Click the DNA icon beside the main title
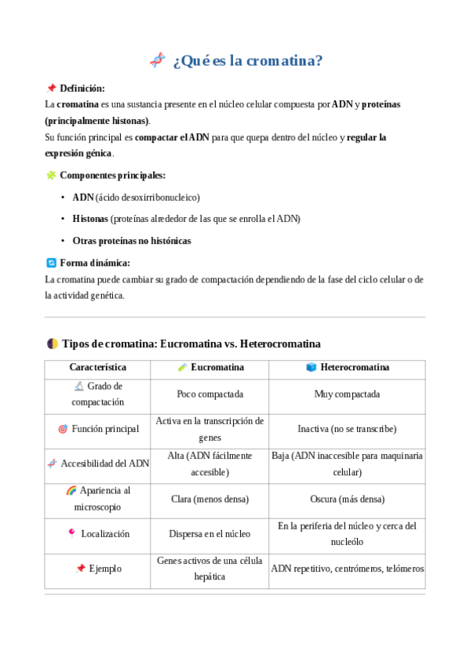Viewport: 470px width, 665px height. (158, 60)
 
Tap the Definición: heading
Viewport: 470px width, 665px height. (82, 89)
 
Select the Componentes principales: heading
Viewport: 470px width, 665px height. (112, 176)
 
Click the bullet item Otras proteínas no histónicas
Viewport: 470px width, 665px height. (131, 241)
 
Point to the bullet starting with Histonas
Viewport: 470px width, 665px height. (186, 219)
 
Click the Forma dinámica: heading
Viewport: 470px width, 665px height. (95, 263)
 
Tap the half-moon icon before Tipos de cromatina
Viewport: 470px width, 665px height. (52, 343)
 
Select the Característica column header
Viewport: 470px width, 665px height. (97, 367)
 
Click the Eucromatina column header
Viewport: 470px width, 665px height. (209, 367)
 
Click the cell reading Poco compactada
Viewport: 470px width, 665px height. (209, 394)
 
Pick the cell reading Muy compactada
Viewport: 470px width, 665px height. (347, 394)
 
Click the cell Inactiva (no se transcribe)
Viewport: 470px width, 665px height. (347, 429)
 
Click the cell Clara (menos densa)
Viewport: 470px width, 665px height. (209, 499)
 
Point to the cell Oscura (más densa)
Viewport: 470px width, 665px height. (347, 499)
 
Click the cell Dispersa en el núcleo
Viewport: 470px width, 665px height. (209, 534)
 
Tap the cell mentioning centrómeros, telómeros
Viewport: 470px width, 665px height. (347, 569)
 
